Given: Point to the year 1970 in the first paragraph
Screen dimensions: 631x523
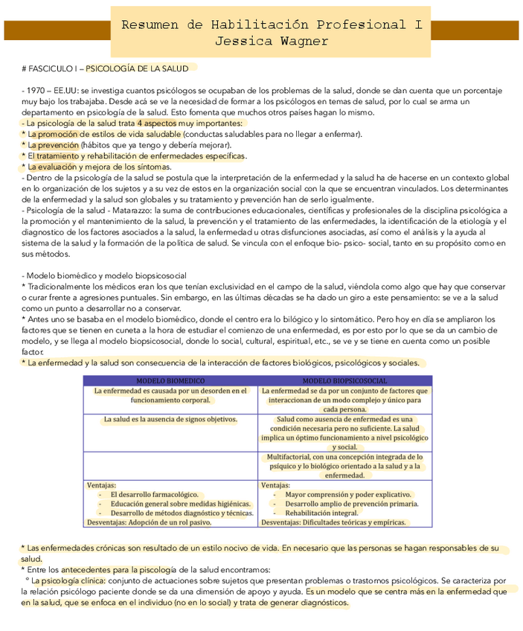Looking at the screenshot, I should point(36,90).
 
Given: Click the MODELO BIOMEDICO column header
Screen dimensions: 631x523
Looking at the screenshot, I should point(170,380).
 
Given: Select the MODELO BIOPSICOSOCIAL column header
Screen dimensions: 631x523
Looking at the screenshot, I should point(344,380).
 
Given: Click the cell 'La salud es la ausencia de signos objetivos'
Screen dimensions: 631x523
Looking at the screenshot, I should point(170,419).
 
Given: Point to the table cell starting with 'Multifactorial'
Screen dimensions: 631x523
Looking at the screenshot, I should point(344,466).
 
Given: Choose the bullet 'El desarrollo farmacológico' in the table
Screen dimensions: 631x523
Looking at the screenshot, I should point(154,494).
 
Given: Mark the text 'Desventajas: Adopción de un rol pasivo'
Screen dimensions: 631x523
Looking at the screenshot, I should point(149,522).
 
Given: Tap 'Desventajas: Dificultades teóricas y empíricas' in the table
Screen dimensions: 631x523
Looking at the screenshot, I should point(333,522).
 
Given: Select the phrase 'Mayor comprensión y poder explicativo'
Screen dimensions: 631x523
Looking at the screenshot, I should point(347,494).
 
